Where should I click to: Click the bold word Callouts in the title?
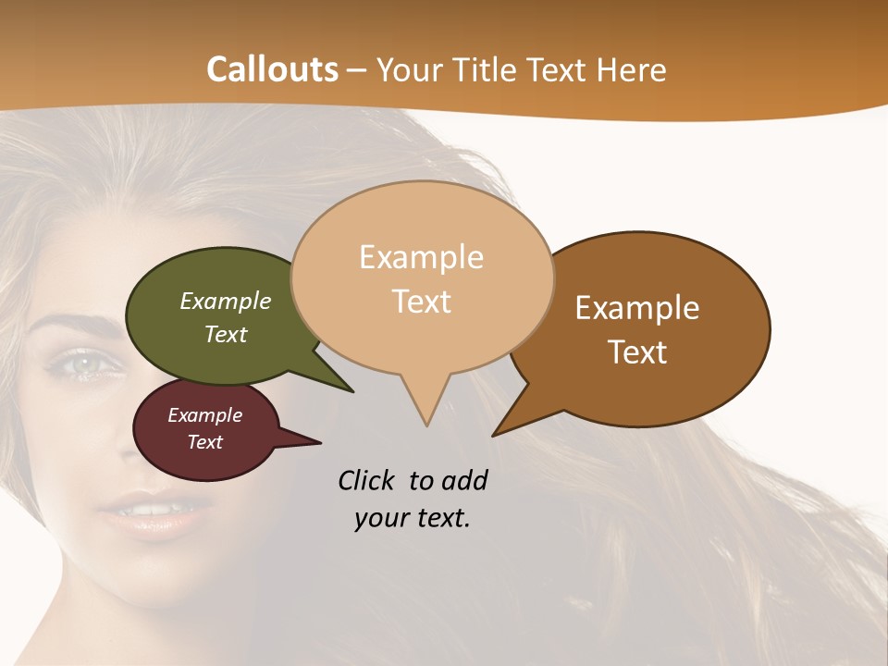(x=272, y=69)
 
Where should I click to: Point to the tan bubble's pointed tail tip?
(x=426, y=425)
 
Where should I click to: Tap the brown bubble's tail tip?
(x=495, y=434)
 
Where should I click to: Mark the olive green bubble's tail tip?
(x=352, y=391)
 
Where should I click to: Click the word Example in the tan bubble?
(x=421, y=257)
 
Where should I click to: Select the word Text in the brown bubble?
(x=637, y=352)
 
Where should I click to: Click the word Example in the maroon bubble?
(x=204, y=415)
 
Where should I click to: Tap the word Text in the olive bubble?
(x=226, y=334)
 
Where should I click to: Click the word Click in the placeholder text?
(x=367, y=480)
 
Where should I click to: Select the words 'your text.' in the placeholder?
(x=412, y=518)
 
